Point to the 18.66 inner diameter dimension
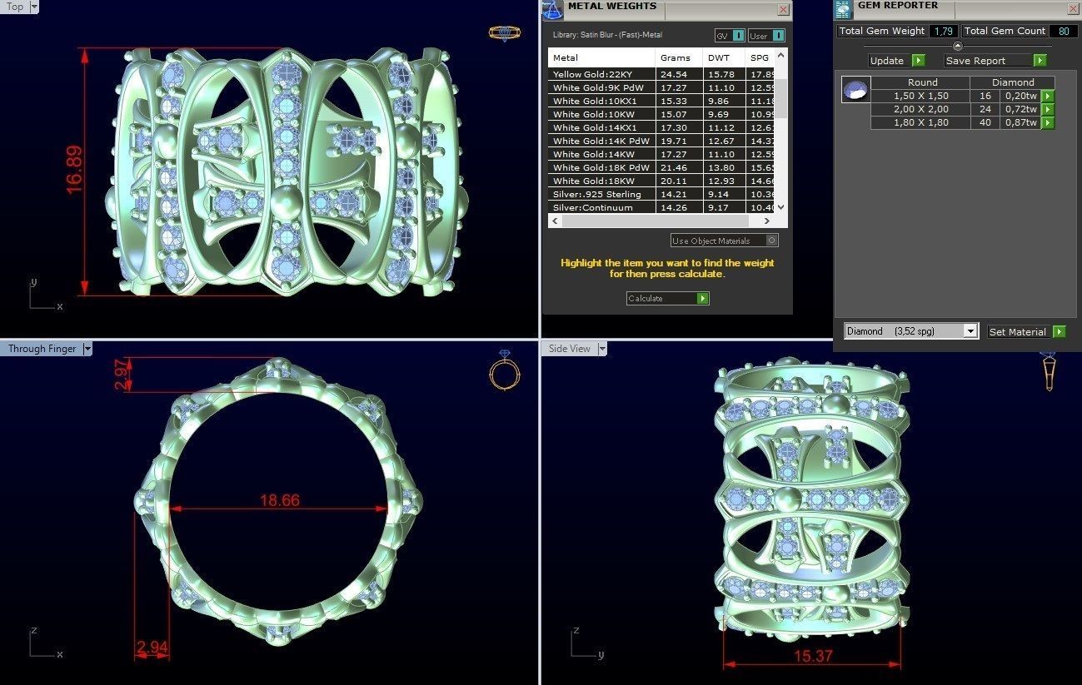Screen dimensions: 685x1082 click(279, 500)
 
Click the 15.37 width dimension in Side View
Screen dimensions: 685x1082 click(813, 656)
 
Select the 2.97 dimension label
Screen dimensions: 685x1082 click(122, 374)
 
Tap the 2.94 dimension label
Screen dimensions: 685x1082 click(152, 647)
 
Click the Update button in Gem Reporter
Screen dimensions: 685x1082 click(896, 61)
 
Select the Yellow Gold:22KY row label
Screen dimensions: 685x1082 click(591, 75)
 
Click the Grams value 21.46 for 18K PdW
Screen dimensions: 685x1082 click(675, 168)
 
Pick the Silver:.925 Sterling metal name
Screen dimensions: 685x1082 click(596, 195)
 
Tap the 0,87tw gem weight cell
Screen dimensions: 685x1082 click(1020, 123)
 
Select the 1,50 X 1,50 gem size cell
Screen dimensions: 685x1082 click(920, 97)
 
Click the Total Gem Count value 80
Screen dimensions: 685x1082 click(1063, 32)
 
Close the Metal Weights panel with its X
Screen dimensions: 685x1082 click(783, 10)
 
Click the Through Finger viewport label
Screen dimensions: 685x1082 click(42, 349)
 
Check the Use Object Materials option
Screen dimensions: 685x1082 click(771, 241)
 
